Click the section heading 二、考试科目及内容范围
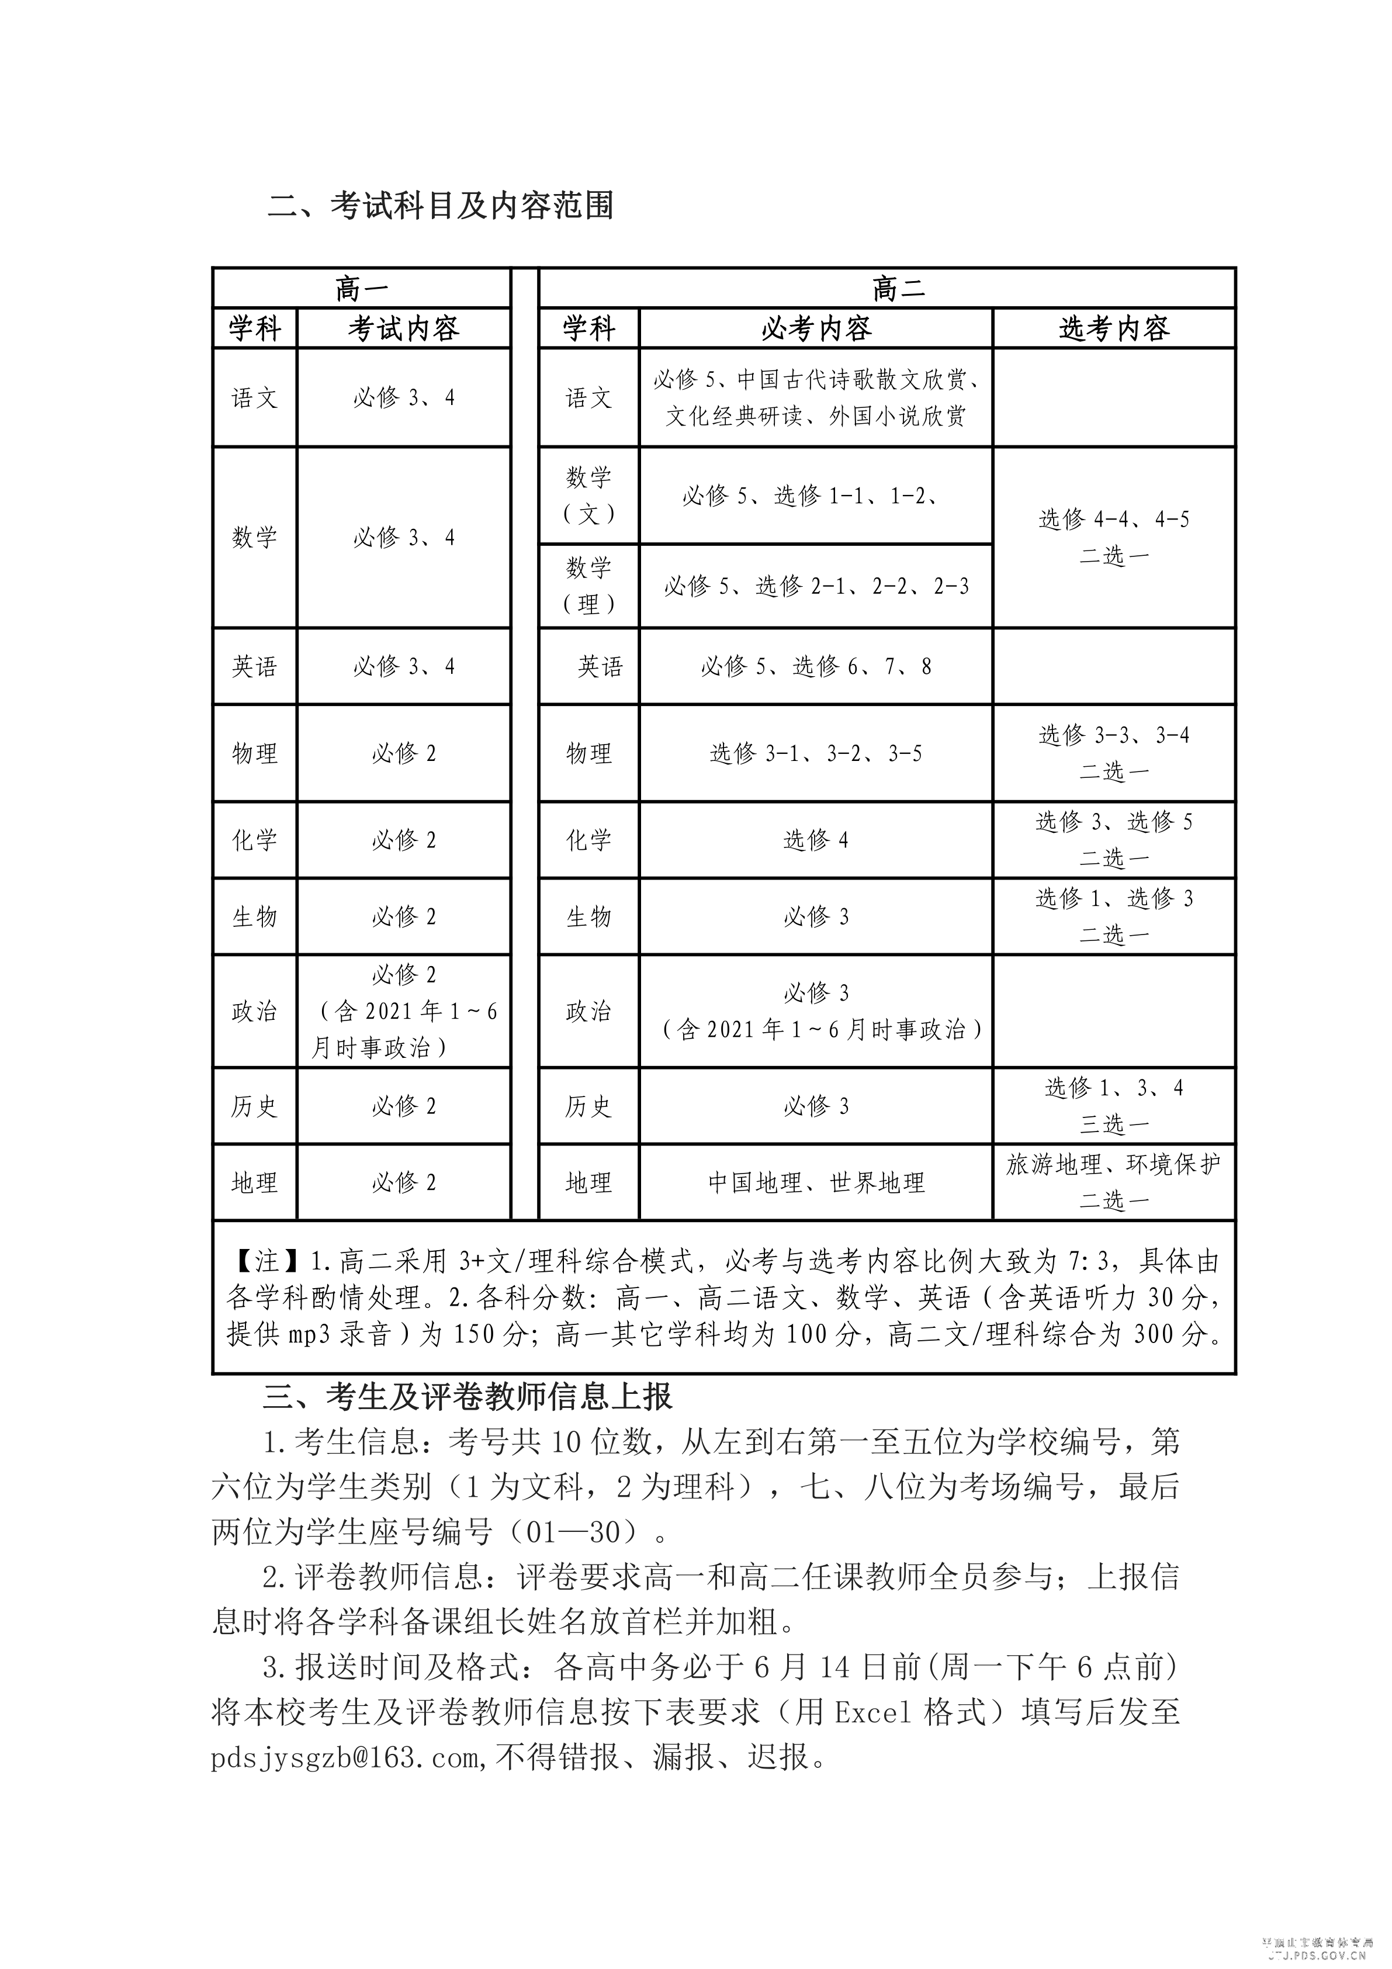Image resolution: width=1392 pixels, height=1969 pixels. [x=441, y=207]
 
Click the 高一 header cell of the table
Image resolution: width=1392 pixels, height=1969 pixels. [x=361, y=288]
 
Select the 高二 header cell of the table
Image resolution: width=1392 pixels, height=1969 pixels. [x=898, y=288]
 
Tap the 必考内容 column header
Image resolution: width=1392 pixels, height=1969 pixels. [x=816, y=328]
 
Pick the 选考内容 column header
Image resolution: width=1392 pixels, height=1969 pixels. [x=1113, y=328]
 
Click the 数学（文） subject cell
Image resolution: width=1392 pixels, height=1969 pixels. [x=588, y=495]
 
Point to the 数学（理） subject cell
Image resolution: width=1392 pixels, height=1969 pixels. [x=588, y=586]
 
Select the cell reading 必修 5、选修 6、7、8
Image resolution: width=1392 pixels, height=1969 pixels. [x=816, y=666]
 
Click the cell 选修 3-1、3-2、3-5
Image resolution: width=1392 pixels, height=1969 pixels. [x=816, y=753]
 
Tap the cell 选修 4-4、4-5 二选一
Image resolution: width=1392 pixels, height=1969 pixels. [x=1113, y=537]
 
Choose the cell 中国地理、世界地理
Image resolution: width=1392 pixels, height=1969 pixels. [x=816, y=1182]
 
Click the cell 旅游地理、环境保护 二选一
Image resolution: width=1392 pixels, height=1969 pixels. [x=1113, y=1182]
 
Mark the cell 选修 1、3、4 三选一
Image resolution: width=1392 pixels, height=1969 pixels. [x=1113, y=1105]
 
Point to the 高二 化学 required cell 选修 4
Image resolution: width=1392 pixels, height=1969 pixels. [x=816, y=840]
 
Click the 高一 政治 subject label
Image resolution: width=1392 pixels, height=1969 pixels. [x=255, y=1011]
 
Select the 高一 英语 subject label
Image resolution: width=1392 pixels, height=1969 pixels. [x=255, y=666]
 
